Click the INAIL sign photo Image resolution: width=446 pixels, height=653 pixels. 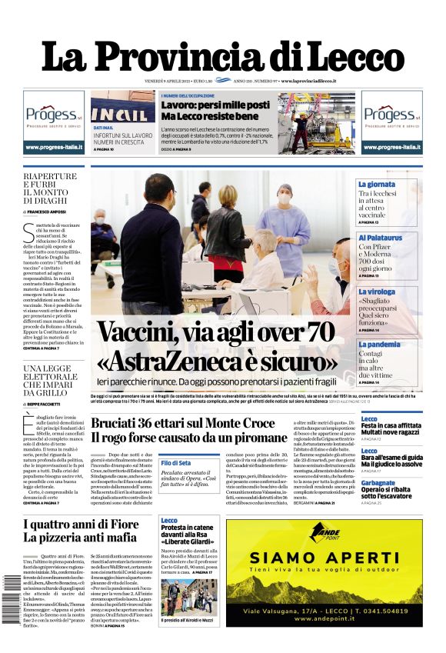tap(122, 108)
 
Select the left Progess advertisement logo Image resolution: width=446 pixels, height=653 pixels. tap(53, 116)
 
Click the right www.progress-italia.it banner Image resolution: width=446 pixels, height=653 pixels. tap(391, 147)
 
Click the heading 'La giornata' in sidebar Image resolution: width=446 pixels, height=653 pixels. tap(376, 185)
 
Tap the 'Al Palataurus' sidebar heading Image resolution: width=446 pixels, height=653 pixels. tap(380, 238)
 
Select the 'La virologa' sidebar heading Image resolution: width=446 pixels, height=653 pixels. tap(377, 292)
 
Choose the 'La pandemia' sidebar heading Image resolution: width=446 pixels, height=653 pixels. tap(379, 345)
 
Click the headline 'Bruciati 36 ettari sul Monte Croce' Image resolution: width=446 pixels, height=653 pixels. tap(182, 423)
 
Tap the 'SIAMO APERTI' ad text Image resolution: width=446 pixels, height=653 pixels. tap(323, 577)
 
